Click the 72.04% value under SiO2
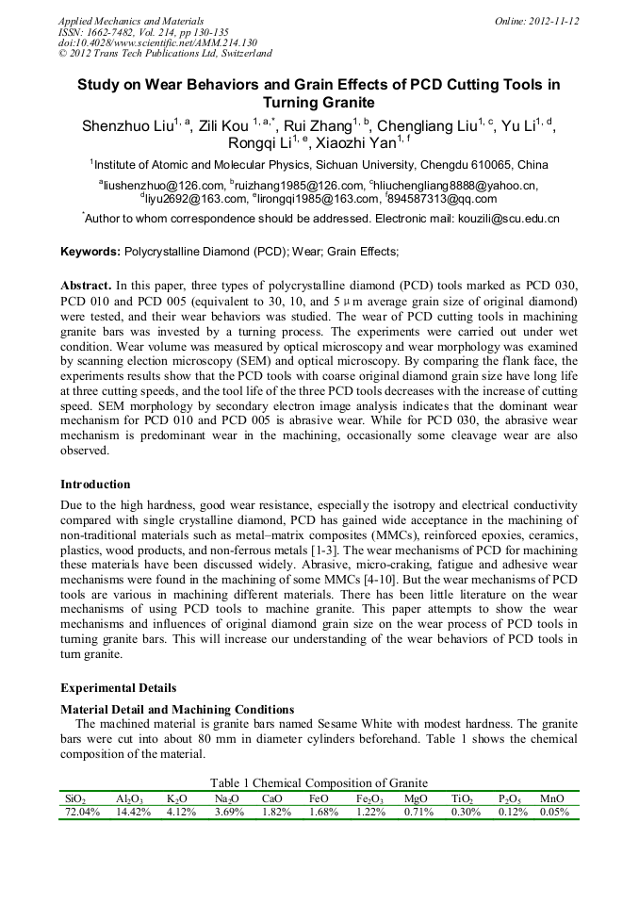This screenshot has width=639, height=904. (82, 812)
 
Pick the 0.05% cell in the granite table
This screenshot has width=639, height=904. (554, 812)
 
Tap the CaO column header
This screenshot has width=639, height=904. (272, 798)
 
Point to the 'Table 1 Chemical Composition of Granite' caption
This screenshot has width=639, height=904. (319, 783)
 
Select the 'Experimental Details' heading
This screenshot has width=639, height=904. (118, 687)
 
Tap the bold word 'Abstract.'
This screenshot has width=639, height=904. (86, 284)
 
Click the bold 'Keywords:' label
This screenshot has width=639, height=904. (90, 252)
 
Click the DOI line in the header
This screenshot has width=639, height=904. (157, 43)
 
